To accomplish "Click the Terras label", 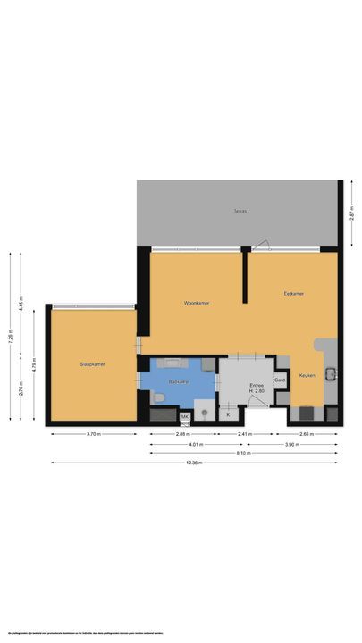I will (x=240, y=212).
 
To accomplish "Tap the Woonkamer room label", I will (x=196, y=303).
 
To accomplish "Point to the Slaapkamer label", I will (x=92, y=364).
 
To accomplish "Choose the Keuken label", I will (x=307, y=376).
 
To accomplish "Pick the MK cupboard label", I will (x=186, y=416).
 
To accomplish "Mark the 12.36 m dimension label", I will (x=194, y=463).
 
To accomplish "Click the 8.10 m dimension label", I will (x=243, y=453).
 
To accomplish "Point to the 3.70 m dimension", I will (x=93, y=434).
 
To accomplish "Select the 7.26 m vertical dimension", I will (x=11, y=338).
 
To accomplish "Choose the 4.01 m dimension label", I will (x=194, y=444).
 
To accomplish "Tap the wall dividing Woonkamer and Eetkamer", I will (x=244, y=278).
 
